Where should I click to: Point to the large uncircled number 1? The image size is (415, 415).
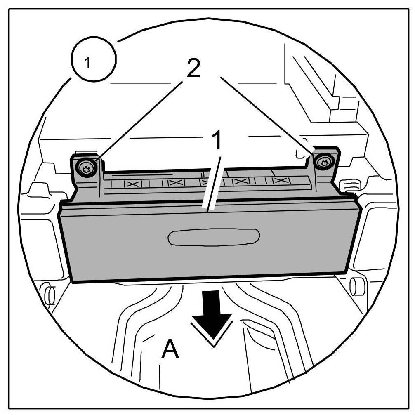point(216,141)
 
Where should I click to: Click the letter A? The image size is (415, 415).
point(170,350)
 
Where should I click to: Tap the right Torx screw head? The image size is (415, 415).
point(323,162)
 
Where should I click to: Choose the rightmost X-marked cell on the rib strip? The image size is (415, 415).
point(280,181)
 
